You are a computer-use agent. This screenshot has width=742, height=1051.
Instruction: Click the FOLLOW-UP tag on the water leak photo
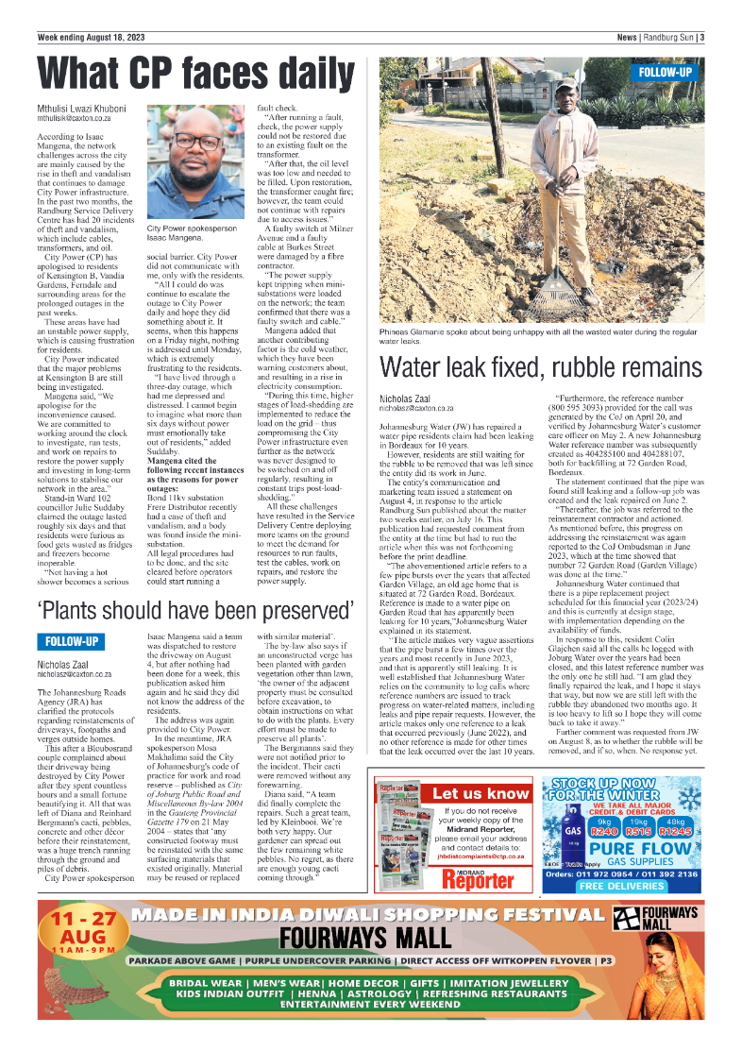coord(666,72)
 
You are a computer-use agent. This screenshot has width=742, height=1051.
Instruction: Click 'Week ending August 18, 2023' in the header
coord(92,37)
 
